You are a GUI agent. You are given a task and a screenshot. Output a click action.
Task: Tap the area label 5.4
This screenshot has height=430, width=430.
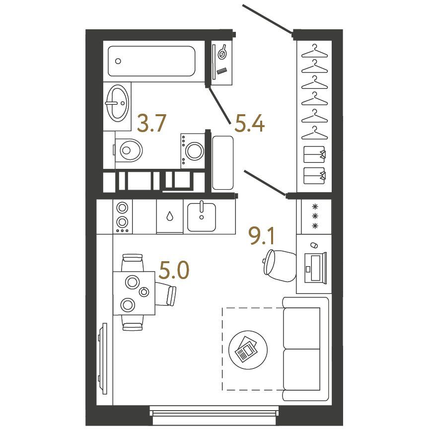[x=250, y=124]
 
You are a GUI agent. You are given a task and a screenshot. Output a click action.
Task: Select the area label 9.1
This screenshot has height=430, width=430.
[x=261, y=236]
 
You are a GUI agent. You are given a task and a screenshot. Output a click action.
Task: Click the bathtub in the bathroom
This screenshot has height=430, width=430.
[x=151, y=61]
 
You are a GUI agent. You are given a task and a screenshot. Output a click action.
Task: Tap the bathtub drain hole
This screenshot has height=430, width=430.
[x=118, y=61]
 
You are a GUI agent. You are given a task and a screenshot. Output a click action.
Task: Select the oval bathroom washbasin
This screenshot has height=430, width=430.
[x=118, y=103]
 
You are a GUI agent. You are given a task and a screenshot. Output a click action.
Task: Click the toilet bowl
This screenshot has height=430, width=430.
[x=128, y=150]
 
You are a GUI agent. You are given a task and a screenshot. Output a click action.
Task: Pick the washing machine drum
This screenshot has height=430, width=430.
[x=195, y=151]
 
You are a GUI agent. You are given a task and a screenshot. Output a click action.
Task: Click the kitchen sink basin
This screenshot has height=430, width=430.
[x=202, y=217]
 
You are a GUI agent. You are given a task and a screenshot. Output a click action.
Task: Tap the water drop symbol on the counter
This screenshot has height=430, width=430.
[x=170, y=216]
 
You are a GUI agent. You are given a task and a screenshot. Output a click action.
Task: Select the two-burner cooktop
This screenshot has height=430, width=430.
[x=122, y=216]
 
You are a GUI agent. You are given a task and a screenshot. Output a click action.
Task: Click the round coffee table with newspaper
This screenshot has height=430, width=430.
[x=248, y=350]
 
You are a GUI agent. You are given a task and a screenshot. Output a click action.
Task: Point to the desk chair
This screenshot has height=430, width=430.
[x=279, y=266]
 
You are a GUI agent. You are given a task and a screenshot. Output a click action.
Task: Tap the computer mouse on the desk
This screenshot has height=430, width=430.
[x=314, y=245]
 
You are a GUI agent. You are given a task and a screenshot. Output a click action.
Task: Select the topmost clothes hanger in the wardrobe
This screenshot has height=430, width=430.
[x=314, y=52]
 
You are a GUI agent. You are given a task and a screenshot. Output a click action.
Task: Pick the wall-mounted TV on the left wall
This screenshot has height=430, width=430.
[x=103, y=359]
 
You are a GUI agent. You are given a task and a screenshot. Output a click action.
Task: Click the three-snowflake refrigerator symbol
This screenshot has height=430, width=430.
[x=315, y=216]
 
